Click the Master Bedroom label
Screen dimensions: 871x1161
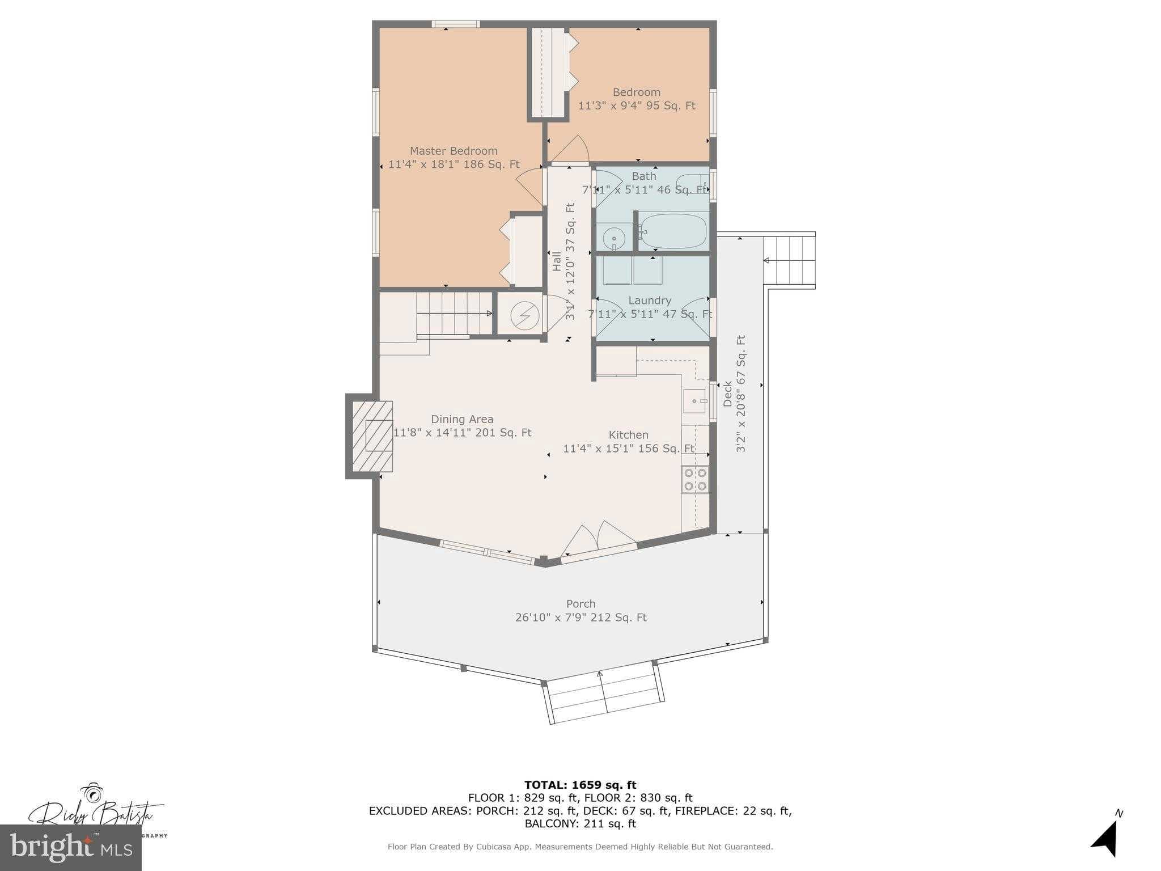454,151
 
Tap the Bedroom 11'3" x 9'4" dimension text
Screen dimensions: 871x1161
637,105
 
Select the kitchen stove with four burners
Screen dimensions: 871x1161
695,479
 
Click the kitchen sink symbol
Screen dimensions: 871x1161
695,401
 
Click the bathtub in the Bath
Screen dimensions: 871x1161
673,231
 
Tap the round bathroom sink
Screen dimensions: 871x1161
613,239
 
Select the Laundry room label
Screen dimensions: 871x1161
650,301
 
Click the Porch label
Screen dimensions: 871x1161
580,604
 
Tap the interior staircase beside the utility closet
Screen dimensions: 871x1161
454,313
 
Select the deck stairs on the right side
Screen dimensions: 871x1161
789,260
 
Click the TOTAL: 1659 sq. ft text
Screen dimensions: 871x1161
580,785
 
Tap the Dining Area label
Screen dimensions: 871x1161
462,419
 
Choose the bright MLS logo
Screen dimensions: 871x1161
70,847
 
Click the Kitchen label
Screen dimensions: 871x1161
628,435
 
